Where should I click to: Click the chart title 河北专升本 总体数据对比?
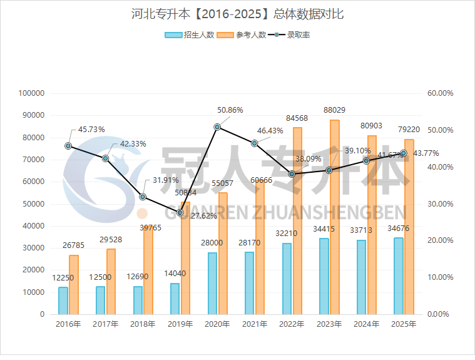pyautogui.click(x=238, y=14)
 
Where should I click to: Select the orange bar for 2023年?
pyautogui.click(x=335, y=217)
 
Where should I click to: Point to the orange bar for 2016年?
pyautogui.click(x=74, y=284)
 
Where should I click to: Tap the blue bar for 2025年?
pyautogui.click(x=398, y=275)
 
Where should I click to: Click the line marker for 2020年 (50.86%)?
pyautogui.click(x=217, y=127)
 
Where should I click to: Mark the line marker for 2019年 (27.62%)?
pyautogui.click(x=180, y=213)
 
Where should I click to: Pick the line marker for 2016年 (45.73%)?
pyautogui.click(x=68, y=146)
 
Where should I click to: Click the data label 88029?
pyautogui.click(x=335, y=110)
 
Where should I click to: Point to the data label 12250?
pyautogui.click(x=63, y=277)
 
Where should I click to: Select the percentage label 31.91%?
pyautogui.click(x=166, y=180)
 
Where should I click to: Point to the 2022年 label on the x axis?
pyautogui.click(x=292, y=324)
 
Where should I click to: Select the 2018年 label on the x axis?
pyautogui.click(x=143, y=324)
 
